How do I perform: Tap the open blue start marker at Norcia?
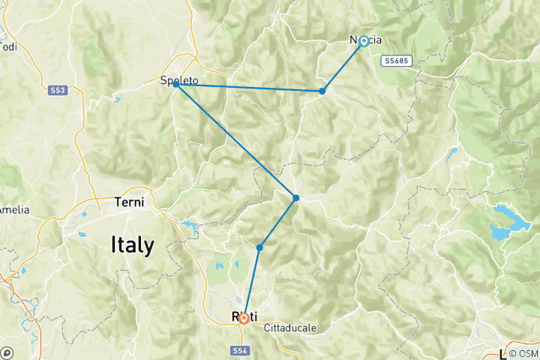pos(364,41)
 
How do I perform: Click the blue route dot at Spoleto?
pos(175,84)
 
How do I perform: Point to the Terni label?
pos(128,202)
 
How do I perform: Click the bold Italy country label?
pos(132,244)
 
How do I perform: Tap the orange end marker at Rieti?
pos(244,318)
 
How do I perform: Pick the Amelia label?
pos(14,209)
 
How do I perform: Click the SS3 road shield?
pos(58,90)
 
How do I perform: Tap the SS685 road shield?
pos(397,61)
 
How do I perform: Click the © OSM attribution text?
pos(523,353)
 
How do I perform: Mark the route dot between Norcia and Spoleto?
pos(322,91)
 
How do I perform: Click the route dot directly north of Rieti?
pos(259,247)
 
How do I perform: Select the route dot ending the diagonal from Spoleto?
pos(296,197)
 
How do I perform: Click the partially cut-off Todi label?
pos(8,46)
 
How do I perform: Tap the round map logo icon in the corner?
pos(7,352)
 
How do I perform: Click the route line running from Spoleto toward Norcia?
pos(247,88)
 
